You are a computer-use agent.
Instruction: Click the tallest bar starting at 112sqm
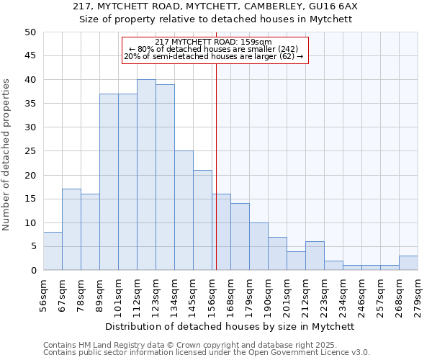click(146, 175)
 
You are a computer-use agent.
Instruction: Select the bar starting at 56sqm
click(53, 251)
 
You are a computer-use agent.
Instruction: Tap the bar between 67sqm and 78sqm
click(71, 230)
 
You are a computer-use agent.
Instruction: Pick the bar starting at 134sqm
click(184, 210)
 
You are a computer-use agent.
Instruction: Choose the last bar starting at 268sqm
click(408, 263)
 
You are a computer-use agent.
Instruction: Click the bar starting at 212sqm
click(315, 256)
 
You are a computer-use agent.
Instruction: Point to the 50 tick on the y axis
click(30, 32)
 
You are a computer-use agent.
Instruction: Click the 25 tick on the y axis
click(30, 151)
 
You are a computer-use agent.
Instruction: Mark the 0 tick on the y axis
click(33, 270)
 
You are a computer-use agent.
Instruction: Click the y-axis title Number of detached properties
click(7, 155)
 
